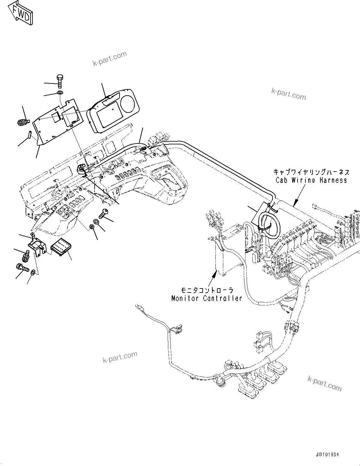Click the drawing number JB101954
click(x=327, y=455)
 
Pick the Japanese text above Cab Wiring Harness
click(x=311, y=172)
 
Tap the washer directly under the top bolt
click(x=60, y=93)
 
